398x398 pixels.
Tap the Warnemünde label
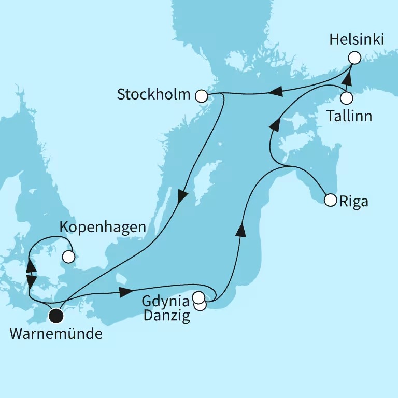click(55, 334)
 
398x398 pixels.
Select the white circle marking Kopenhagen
click(68, 256)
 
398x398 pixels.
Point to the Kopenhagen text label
click(103, 227)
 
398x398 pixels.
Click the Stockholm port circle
click(202, 95)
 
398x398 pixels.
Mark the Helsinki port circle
click(354, 58)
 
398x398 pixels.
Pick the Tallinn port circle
click(347, 97)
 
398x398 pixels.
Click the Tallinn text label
click(349, 116)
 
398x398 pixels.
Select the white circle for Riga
click(330, 200)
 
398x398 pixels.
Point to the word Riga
click(354, 201)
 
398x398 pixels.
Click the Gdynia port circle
click(198, 297)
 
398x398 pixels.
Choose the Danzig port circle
click(200, 305)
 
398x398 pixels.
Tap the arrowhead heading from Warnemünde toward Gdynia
click(125, 292)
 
